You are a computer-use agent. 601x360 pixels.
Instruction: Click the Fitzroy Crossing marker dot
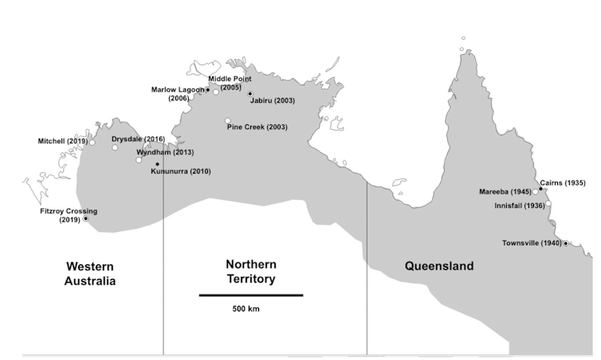pyautogui.click(x=85, y=218)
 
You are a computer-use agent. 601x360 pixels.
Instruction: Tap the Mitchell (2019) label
pyautogui.click(x=62, y=141)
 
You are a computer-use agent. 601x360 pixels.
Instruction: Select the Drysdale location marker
pyautogui.click(x=115, y=147)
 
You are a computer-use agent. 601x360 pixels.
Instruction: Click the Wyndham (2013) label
pyautogui.click(x=165, y=151)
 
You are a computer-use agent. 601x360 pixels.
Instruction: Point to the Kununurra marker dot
pyautogui.click(x=157, y=164)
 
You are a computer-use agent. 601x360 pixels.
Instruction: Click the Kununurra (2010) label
pyautogui.click(x=181, y=171)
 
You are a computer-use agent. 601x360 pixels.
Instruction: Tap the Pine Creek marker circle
pyautogui.click(x=228, y=120)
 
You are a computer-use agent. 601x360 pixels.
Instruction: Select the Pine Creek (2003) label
pyautogui.click(x=257, y=127)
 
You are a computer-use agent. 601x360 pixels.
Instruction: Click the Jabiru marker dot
pyautogui.click(x=249, y=94)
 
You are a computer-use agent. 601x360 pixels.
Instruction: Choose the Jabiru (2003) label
pyautogui.click(x=272, y=101)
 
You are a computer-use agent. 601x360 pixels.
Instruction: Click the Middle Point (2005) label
pyautogui.click(x=230, y=83)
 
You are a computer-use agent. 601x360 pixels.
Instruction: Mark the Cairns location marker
pyautogui.click(x=540, y=189)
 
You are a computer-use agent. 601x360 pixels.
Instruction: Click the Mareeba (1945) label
pyautogui.click(x=505, y=192)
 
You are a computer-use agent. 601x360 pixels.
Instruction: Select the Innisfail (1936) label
pyautogui.click(x=519, y=205)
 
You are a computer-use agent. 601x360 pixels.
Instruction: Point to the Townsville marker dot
pyautogui.click(x=566, y=243)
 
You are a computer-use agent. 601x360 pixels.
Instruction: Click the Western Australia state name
pyautogui.click(x=90, y=273)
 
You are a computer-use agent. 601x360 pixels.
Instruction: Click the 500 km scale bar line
pyautogui.click(x=250, y=295)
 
